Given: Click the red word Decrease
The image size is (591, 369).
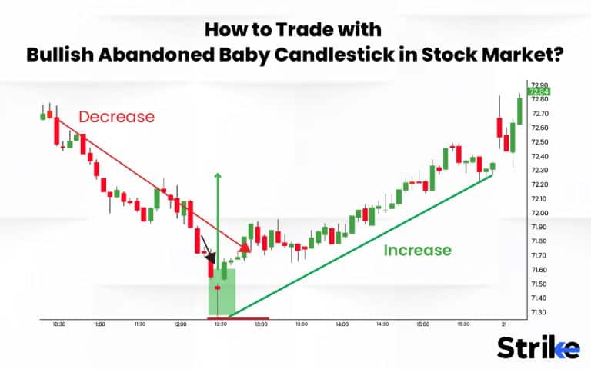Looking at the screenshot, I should [116, 117].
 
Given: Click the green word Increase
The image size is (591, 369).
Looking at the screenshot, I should [417, 250].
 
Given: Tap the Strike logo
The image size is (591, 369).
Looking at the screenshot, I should [538, 347].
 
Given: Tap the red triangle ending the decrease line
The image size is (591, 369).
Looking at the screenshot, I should [245, 247].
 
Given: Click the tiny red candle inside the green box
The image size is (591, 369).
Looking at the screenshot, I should [218, 288].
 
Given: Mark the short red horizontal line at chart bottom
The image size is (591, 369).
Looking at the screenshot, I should [239, 317].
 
